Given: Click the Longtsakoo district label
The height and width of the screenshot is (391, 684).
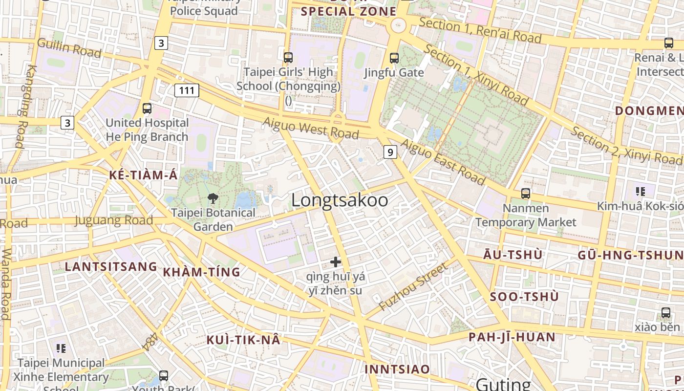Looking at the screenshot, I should [x=340, y=200].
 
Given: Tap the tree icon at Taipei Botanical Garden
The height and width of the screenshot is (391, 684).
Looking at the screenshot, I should [x=213, y=198].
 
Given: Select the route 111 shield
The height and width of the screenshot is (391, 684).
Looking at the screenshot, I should [x=187, y=90].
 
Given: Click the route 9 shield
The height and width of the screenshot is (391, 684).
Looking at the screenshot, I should [x=389, y=152].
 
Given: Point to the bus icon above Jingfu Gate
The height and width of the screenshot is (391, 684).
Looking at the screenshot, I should [x=394, y=58].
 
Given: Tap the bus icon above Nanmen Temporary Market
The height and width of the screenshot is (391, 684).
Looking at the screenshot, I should [x=525, y=193].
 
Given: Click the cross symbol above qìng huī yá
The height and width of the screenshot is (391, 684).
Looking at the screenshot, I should [x=335, y=262].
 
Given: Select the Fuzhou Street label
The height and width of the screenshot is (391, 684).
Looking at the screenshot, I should [x=413, y=287].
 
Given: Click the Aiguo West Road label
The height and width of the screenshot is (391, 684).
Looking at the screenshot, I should [x=311, y=128].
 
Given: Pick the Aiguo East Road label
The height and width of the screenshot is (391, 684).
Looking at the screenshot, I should [x=443, y=162].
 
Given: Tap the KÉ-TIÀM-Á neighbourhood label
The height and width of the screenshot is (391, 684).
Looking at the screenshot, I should [x=143, y=175].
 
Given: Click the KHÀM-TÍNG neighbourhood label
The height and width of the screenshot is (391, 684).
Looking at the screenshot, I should [x=201, y=272].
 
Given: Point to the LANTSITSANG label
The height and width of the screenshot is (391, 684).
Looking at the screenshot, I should [x=111, y=267].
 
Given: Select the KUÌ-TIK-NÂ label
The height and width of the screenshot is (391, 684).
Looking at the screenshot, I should [x=243, y=340].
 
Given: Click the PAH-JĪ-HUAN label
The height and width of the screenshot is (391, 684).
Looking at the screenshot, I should [x=512, y=337].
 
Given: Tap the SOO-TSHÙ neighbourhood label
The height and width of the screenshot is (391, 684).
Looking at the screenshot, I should [x=524, y=297].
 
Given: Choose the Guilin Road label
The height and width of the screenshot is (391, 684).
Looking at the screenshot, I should [x=69, y=48].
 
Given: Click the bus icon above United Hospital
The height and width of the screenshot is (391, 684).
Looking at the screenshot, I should [x=147, y=109].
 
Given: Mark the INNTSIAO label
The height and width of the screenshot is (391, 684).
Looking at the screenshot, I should [x=397, y=369].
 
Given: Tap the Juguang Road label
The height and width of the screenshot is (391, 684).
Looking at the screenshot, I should [x=114, y=220].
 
